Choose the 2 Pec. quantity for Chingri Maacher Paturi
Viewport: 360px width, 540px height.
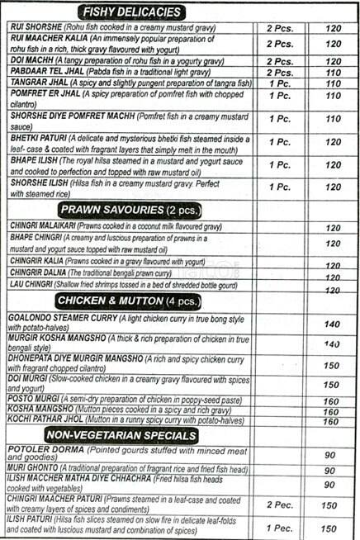(x=280, y=503)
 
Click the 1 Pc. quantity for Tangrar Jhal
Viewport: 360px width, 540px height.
(x=280, y=84)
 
